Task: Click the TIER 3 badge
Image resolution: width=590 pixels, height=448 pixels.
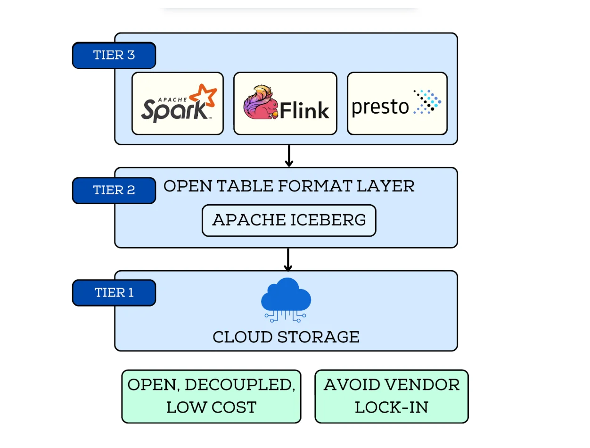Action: (x=114, y=55)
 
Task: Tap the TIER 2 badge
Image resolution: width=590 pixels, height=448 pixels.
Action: (x=114, y=190)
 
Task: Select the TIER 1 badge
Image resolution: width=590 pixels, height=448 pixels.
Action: (x=114, y=292)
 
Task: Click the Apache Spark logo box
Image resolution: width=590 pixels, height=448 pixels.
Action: (x=178, y=103)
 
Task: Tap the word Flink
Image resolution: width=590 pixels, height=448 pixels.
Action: (x=304, y=110)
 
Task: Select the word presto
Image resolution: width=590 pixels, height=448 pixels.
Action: (x=380, y=107)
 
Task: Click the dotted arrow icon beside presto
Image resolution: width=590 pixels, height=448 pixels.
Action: (x=427, y=102)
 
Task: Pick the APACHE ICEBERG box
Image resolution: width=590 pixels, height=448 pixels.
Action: (x=289, y=220)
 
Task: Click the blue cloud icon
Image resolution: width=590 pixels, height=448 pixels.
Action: (x=286, y=295)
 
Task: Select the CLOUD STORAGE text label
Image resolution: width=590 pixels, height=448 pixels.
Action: (x=286, y=337)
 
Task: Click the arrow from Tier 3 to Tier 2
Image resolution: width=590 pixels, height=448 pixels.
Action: (x=289, y=156)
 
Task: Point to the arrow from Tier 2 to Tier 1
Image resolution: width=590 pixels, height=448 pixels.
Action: (x=288, y=259)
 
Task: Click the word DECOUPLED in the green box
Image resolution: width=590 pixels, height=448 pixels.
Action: (x=240, y=385)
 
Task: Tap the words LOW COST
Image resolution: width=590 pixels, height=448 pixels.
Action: (x=211, y=407)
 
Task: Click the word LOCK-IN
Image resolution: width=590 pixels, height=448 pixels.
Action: (x=391, y=407)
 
